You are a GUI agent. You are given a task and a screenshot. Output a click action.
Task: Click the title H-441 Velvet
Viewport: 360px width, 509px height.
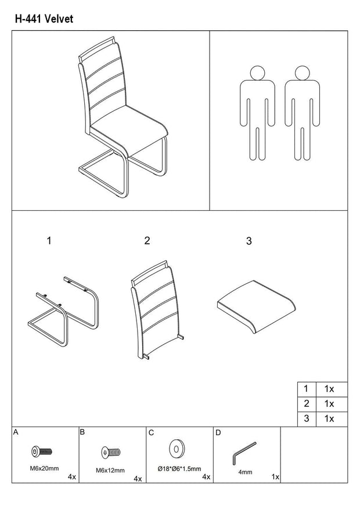point(44,19)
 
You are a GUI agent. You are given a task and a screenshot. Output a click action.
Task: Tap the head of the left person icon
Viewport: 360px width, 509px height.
point(258,73)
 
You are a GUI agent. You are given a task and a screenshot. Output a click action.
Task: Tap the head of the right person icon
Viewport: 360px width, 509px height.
point(302,73)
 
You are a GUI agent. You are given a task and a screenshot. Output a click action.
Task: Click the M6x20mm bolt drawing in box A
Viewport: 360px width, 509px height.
point(42,451)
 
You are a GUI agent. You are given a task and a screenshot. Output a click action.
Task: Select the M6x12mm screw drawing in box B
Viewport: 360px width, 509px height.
point(111,452)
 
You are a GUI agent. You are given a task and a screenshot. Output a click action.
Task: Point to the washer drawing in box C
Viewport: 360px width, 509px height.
point(177,449)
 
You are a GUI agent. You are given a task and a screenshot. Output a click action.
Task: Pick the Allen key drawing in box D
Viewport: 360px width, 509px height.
point(244,453)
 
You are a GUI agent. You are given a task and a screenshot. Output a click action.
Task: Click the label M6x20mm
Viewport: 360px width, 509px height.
point(45,468)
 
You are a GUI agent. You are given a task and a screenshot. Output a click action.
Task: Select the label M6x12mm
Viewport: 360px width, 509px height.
point(110,470)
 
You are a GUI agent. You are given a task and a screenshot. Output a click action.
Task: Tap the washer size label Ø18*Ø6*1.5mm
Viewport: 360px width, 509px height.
point(179,469)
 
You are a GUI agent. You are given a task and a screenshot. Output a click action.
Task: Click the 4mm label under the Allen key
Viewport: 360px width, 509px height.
point(245,472)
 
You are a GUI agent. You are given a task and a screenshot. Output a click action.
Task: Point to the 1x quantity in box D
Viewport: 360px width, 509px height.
point(275,477)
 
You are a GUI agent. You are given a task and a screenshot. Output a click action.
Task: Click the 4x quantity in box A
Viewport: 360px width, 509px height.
point(72,477)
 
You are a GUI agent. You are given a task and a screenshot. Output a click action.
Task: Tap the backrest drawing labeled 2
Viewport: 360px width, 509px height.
point(156,310)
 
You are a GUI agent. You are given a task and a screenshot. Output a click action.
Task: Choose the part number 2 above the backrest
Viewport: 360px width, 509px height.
point(147,240)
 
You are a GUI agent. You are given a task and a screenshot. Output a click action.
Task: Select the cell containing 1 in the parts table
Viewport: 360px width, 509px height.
point(307,389)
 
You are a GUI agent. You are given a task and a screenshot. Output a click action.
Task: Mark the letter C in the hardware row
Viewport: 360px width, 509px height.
point(152,433)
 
